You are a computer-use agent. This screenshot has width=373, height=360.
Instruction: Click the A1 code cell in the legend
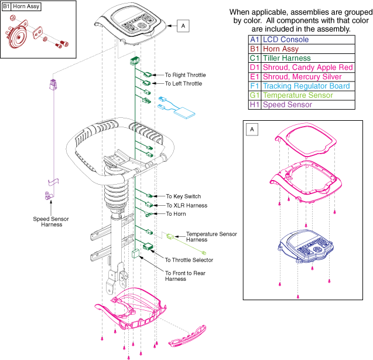click(254, 39)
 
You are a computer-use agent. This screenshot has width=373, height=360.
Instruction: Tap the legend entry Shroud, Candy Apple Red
click(307, 67)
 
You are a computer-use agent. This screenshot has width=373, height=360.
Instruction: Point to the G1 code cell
click(254, 96)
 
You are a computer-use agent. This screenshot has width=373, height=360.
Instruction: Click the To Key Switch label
click(183, 196)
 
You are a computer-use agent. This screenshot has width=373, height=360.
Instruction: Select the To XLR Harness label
click(186, 206)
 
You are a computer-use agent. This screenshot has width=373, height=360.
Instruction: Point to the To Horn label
click(176, 215)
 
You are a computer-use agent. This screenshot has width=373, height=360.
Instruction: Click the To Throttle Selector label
click(189, 260)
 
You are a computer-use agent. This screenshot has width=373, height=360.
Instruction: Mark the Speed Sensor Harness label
click(52, 222)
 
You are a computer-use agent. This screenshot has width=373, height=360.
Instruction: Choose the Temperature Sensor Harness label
click(211, 237)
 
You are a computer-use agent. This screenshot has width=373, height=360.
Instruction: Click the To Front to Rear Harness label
click(184, 276)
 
